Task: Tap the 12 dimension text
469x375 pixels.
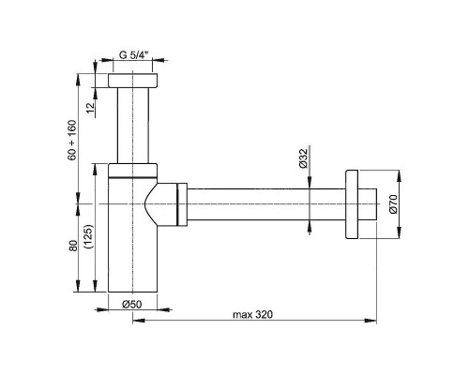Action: pyautogui.click(x=90, y=108)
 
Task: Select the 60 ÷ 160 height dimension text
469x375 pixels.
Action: pyautogui.click(x=72, y=140)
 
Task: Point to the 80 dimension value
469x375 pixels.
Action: pyautogui.click(x=73, y=246)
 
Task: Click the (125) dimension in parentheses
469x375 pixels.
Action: pyautogui.click(x=88, y=236)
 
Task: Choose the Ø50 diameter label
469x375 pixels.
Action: pyautogui.click(x=131, y=304)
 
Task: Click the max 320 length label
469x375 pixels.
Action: pyautogui.click(x=252, y=314)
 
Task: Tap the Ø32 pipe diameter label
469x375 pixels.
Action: pyautogui.click(x=303, y=158)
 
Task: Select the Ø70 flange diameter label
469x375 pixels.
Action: pyautogui.click(x=393, y=204)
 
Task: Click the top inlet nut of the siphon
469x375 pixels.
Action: pyautogui.click(x=132, y=81)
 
